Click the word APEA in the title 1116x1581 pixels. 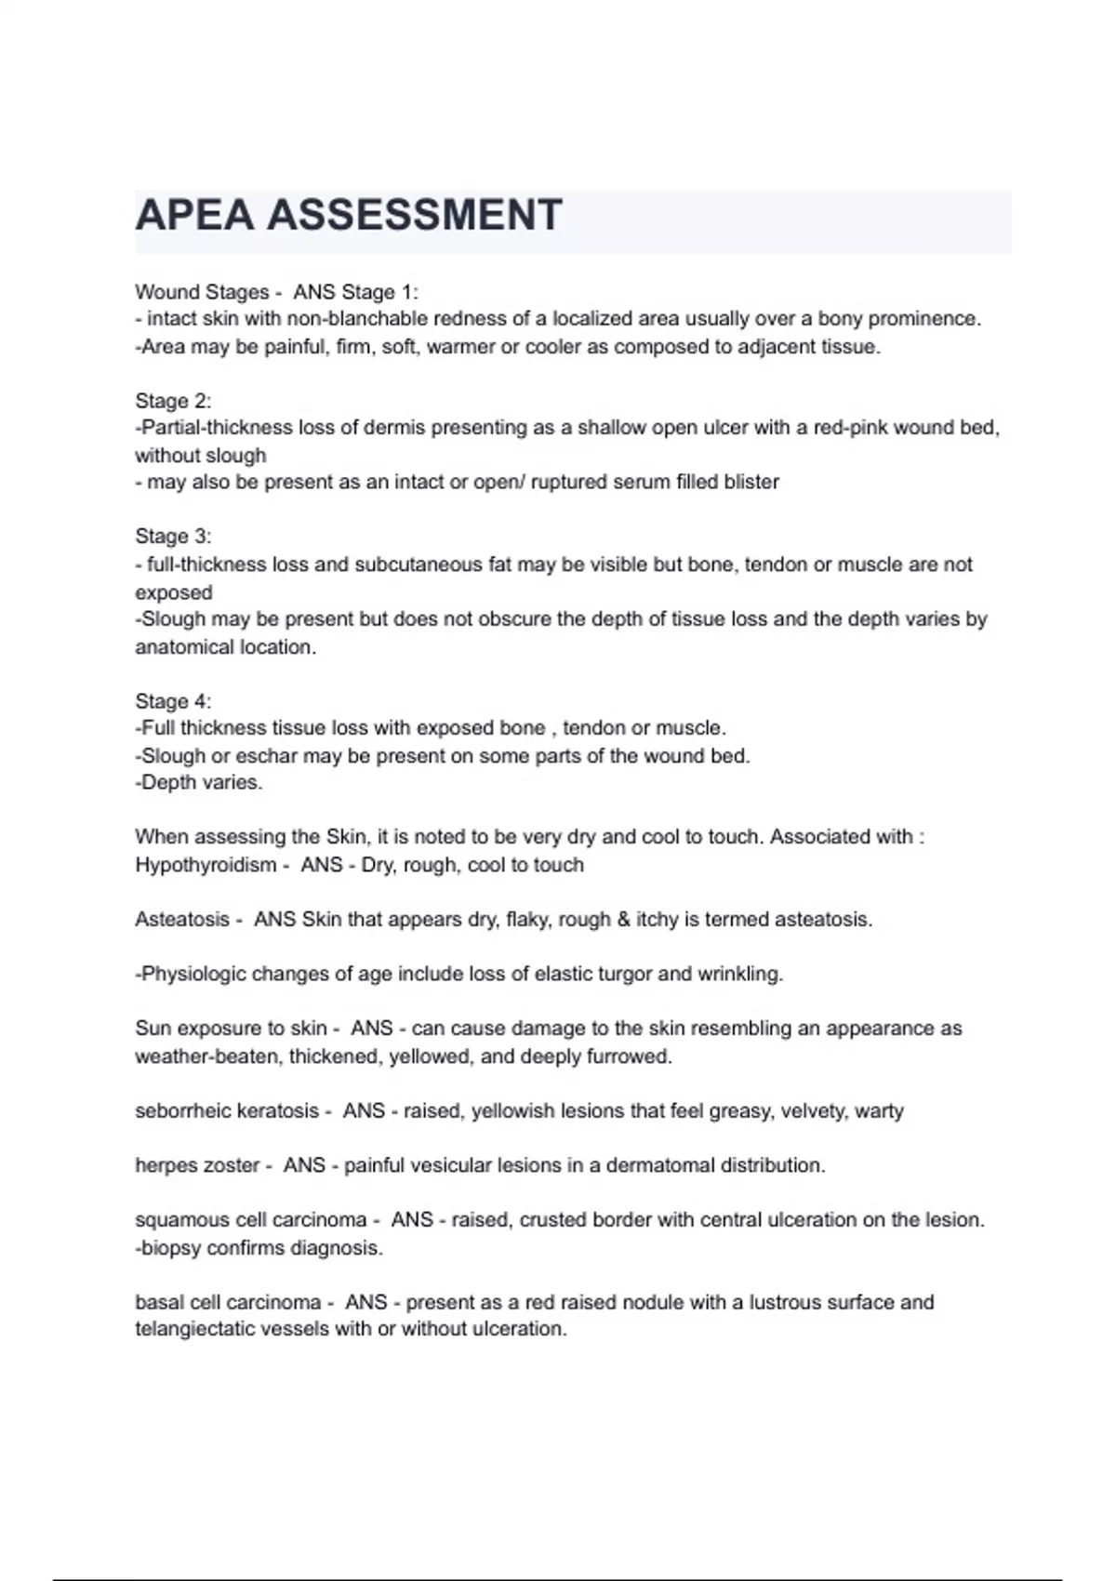194,216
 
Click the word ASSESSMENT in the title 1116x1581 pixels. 415,216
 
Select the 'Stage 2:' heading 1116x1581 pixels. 173,401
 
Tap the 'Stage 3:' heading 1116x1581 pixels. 173,537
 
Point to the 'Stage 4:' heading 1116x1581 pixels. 173,701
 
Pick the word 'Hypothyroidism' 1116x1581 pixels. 206,865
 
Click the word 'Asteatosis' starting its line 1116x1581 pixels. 181,920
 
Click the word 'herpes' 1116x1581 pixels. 165,1165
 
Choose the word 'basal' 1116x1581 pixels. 159,1302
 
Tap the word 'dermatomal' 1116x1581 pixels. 660,1165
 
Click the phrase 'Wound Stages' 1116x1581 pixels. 202,292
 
